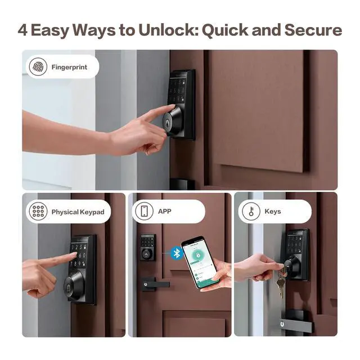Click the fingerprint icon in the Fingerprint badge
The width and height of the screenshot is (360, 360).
(38, 67)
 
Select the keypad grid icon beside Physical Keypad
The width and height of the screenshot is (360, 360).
(38, 211)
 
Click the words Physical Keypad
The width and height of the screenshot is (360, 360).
(78, 212)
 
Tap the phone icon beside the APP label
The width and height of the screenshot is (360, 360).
(143, 211)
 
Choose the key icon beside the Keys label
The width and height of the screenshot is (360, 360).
(250, 211)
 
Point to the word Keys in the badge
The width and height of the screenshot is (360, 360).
(272, 212)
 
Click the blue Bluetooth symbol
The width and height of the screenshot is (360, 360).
(177, 253)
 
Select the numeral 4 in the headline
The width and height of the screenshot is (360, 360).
(22, 30)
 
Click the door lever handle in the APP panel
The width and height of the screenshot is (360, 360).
(155, 283)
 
